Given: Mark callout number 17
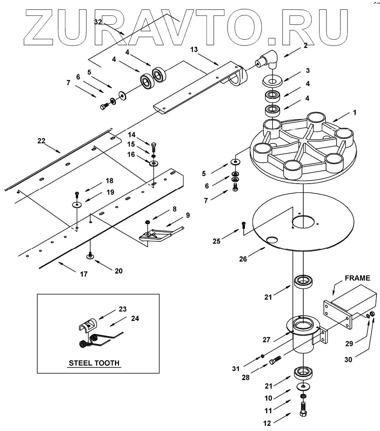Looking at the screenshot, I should point(83,274).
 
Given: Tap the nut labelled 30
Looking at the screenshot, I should point(372,314).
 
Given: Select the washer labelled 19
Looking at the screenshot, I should point(77,205).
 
